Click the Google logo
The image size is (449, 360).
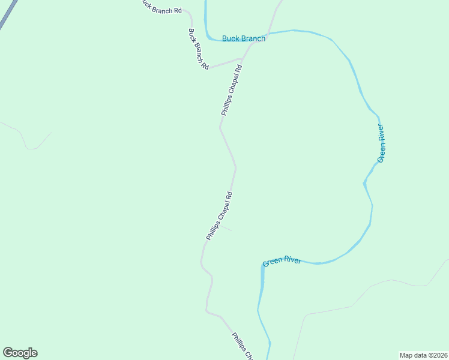pos(20,353)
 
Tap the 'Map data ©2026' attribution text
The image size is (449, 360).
pos(423,355)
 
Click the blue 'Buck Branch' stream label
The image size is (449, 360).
pos(244,38)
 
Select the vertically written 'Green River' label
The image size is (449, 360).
pos(381,143)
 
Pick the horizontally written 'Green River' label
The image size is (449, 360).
pos(282,262)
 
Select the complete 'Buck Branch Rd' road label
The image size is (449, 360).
pos(198,49)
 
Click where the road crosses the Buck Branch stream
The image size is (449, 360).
pos(269,34)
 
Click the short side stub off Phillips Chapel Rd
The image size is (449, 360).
pos(226,227)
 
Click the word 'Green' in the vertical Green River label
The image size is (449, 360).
pos(381,152)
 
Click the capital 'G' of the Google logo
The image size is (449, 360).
pos(8,352)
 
